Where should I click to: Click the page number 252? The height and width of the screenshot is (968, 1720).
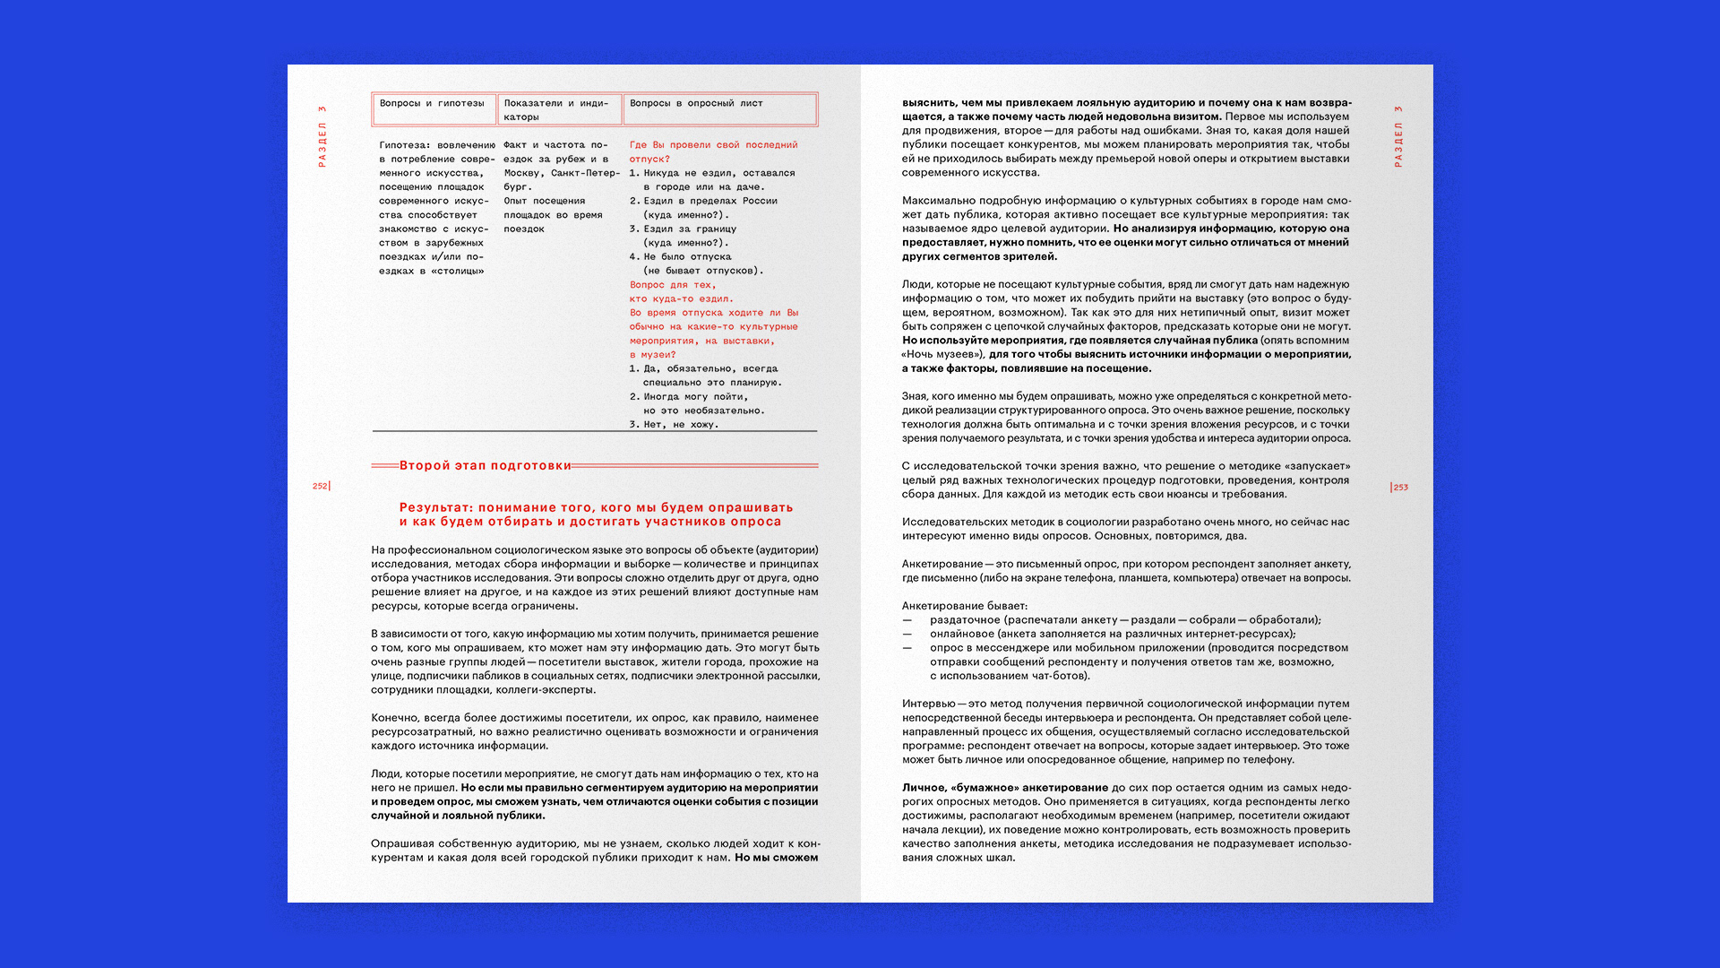click(320, 486)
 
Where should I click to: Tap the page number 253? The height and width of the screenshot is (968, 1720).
click(1401, 488)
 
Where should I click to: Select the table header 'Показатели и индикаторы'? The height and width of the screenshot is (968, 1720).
click(555, 109)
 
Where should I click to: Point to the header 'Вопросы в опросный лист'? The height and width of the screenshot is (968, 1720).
click(696, 103)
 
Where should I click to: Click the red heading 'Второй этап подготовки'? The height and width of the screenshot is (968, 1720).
click(485, 465)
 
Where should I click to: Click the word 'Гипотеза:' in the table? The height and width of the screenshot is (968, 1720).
click(404, 145)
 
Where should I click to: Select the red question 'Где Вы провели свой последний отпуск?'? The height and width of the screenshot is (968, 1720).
click(712, 151)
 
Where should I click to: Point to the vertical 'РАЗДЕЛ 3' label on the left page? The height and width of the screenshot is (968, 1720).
click(322, 136)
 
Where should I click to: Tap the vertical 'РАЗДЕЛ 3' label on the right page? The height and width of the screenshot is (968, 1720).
click(1397, 136)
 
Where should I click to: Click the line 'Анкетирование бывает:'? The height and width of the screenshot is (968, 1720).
click(965, 606)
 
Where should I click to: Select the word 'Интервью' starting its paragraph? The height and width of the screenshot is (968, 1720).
click(928, 704)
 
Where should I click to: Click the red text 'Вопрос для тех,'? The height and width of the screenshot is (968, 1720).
click(672, 285)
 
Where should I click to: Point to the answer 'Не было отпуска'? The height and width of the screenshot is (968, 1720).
click(687, 257)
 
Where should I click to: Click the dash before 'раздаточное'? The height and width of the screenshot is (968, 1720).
click(907, 620)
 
